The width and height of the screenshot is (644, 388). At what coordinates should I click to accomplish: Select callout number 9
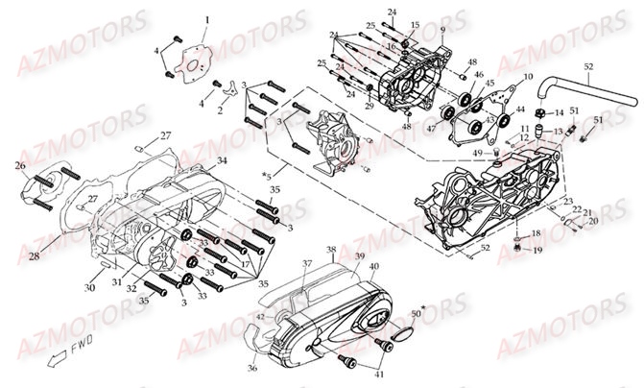[442, 32]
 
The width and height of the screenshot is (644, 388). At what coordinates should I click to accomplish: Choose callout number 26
[19, 165]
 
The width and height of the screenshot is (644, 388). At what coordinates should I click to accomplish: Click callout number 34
[222, 159]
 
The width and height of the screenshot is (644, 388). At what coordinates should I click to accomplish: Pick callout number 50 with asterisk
[417, 313]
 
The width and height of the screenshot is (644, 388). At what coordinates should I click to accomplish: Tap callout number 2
[221, 110]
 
